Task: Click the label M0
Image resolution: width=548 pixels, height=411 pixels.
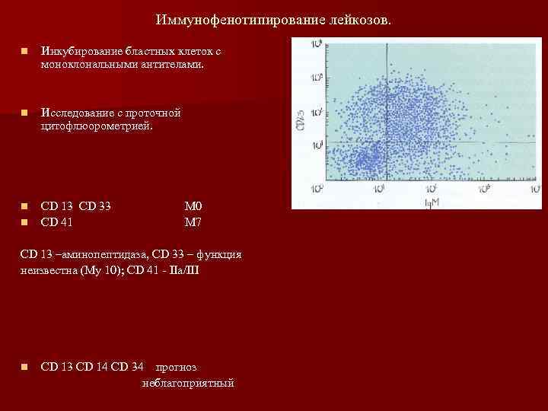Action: pyautogui.click(x=192, y=206)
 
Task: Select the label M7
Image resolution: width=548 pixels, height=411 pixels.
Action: pyautogui.click(x=192, y=222)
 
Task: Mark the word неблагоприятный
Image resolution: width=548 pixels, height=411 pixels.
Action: pyautogui.click(x=187, y=383)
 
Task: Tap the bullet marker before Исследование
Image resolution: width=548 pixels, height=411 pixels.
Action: pyautogui.click(x=25, y=113)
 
